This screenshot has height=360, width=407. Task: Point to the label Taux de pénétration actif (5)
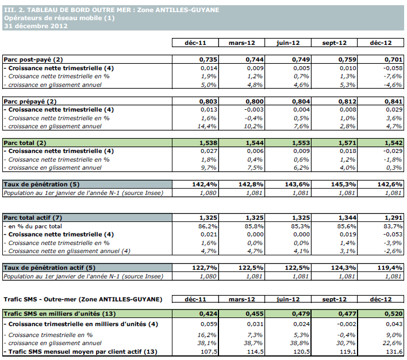tap(49, 267)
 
